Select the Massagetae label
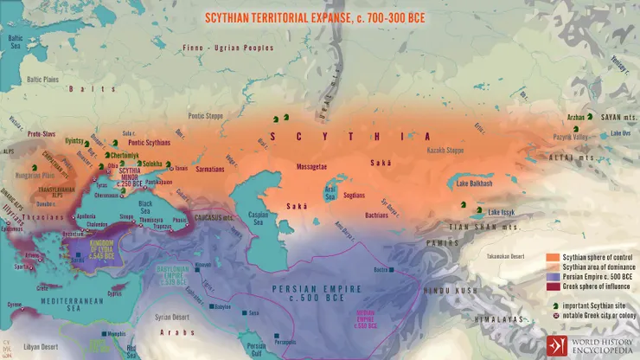[314, 164]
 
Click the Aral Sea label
[330, 190]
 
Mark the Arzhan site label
[575, 116]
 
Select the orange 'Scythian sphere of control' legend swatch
[552, 258]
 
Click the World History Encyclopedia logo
[589, 344]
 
